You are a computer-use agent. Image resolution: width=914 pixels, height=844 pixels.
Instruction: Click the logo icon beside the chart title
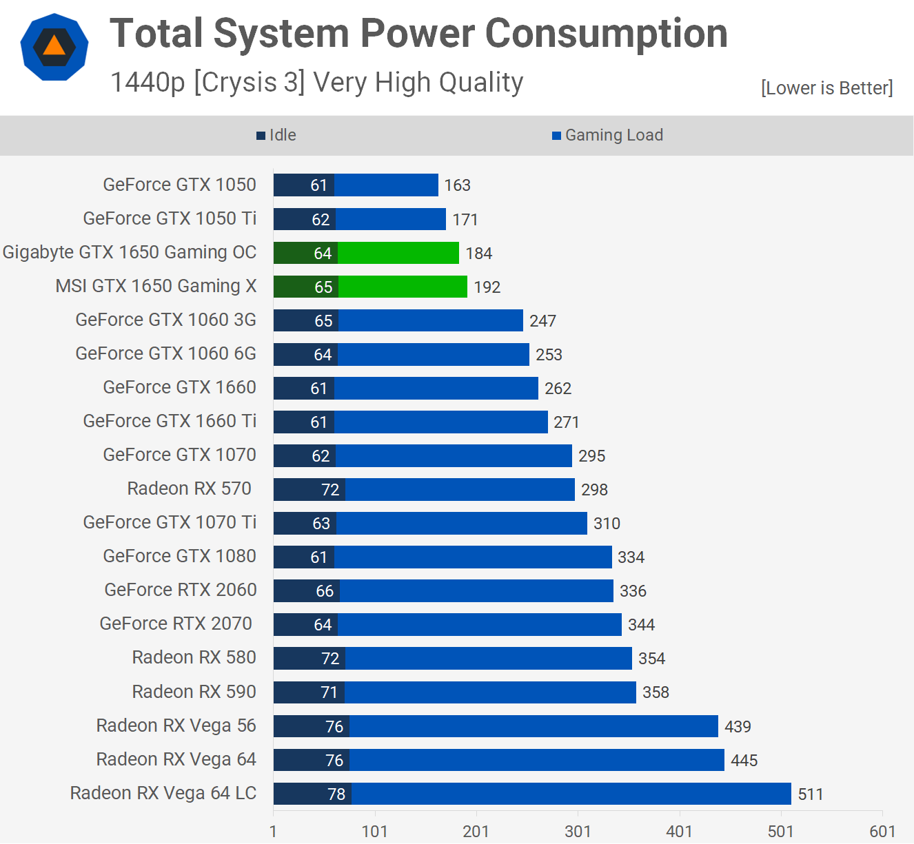(x=54, y=47)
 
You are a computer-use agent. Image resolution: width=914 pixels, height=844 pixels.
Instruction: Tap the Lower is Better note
(x=826, y=88)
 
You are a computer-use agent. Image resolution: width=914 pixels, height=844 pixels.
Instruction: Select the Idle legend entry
(x=276, y=135)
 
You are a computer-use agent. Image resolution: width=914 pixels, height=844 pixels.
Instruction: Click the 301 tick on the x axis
(x=578, y=831)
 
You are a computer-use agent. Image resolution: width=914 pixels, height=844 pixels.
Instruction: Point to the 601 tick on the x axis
(x=882, y=831)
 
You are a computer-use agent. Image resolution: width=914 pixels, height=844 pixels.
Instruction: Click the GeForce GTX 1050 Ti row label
(x=170, y=218)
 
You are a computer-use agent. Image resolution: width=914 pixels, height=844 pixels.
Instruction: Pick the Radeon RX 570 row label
(x=190, y=488)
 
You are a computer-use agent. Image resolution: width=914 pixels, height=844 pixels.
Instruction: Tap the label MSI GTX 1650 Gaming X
(x=156, y=286)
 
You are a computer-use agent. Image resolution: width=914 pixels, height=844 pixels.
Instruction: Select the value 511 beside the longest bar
(x=811, y=794)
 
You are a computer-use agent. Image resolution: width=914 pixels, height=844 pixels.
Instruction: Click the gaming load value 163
(x=457, y=185)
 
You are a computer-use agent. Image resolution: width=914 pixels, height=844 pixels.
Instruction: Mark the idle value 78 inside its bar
(x=336, y=794)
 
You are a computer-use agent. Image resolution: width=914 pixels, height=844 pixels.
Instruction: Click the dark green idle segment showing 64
(x=305, y=253)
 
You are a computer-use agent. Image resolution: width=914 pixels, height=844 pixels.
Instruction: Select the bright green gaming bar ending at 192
(x=403, y=287)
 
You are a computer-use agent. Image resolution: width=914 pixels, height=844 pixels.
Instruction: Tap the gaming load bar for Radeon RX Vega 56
(x=534, y=726)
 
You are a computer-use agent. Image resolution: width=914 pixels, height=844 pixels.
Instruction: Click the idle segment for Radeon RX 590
(x=309, y=692)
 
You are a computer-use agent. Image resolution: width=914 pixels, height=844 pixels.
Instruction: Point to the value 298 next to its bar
(x=594, y=490)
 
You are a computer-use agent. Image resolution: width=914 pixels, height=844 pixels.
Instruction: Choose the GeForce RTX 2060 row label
(x=181, y=590)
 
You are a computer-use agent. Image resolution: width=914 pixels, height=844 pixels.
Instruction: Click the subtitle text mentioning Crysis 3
(x=316, y=83)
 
